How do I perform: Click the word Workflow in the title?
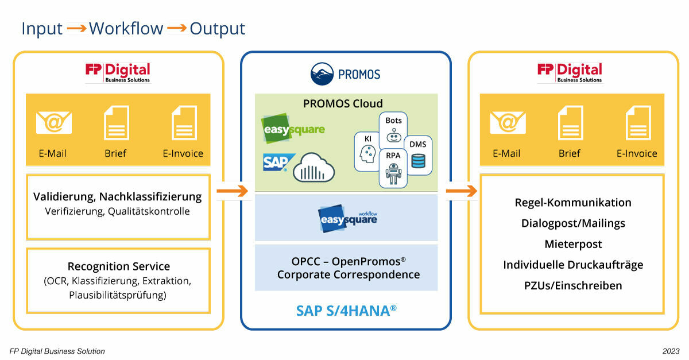pos(126,28)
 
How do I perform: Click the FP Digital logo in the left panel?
pos(118,72)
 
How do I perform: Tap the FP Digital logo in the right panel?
pos(570,72)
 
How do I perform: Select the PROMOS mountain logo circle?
pos(322,75)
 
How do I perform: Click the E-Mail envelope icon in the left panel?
pos(54,122)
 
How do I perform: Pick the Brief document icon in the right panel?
pos(570,123)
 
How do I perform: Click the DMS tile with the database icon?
pos(418,155)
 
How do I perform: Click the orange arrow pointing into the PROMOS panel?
pos(233,191)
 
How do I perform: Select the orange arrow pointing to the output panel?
pos(461,191)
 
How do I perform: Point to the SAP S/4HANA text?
pos(346,310)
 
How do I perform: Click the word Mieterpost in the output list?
pos(573,244)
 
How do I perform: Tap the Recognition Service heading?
pos(118,266)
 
